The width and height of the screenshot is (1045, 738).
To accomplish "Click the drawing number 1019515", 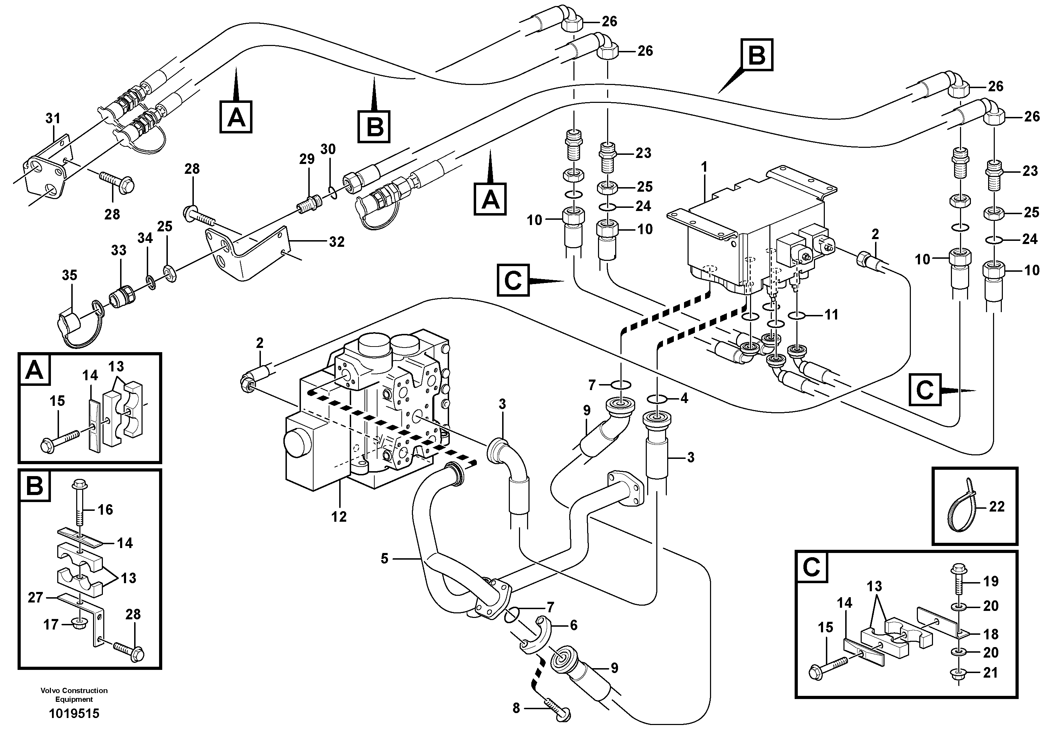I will pyautogui.click(x=74, y=713).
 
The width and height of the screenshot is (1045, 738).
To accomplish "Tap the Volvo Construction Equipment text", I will pyautogui.click(x=74, y=695).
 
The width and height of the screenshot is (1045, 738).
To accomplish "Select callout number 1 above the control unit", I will pyautogui.click(x=704, y=167).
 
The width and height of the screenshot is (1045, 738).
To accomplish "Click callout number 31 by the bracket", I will pyautogui.click(x=53, y=119).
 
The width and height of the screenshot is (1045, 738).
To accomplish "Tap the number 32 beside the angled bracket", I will pyautogui.click(x=336, y=242).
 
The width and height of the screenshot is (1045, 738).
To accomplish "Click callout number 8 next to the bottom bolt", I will pyautogui.click(x=516, y=708).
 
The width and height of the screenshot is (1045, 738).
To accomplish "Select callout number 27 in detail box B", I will pyautogui.click(x=35, y=598).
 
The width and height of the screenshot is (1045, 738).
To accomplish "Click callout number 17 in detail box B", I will pyautogui.click(x=51, y=624).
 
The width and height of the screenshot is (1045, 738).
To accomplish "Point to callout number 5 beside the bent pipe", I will pyautogui.click(x=385, y=558).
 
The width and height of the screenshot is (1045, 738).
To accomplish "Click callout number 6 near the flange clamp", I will pyautogui.click(x=573, y=625).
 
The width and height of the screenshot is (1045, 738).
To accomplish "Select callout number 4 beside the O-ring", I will pyautogui.click(x=684, y=398).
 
